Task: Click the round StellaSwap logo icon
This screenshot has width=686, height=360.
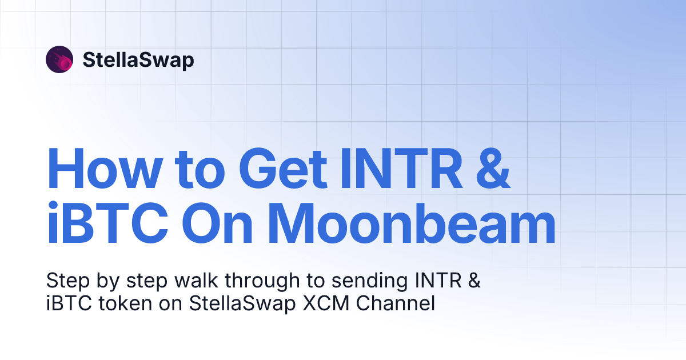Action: [x=59, y=59]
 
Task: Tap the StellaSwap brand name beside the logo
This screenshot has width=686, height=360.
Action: [x=138, y=60]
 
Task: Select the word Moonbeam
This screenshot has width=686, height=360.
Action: [x=412, y=227]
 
